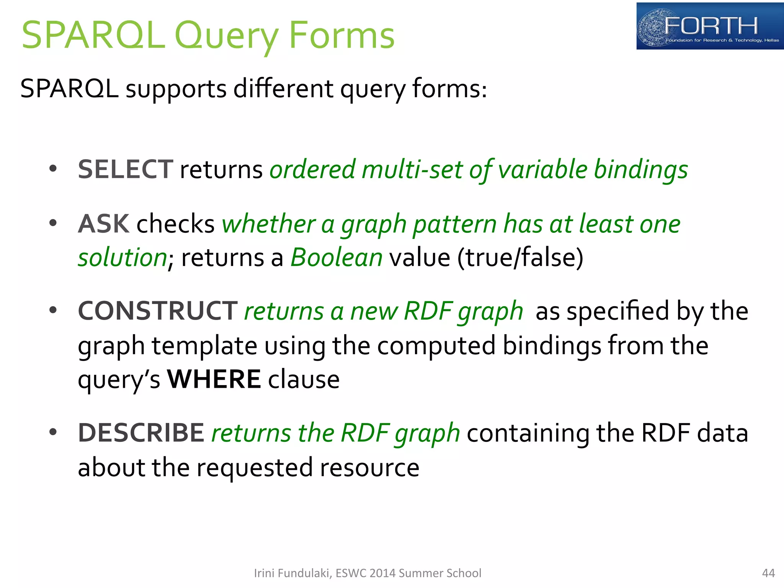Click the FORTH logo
(x=709, y=26)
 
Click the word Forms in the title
(x=341, y=36)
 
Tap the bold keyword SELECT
(x=125, y=169)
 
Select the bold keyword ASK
(x=104, y=224)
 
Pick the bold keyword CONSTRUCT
(x=158, y=310)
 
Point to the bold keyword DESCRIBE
(x=141, y=433)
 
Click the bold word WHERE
(x=214, y=379)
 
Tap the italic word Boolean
(x=336, y=257)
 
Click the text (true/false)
(x=520, y=257)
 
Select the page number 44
(x=768, y=573)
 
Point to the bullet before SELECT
(x=53, y=168)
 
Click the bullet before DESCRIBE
(x=53, y=432)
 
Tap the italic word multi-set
(x=412, y=169)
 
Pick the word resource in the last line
(x=369, y=467)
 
